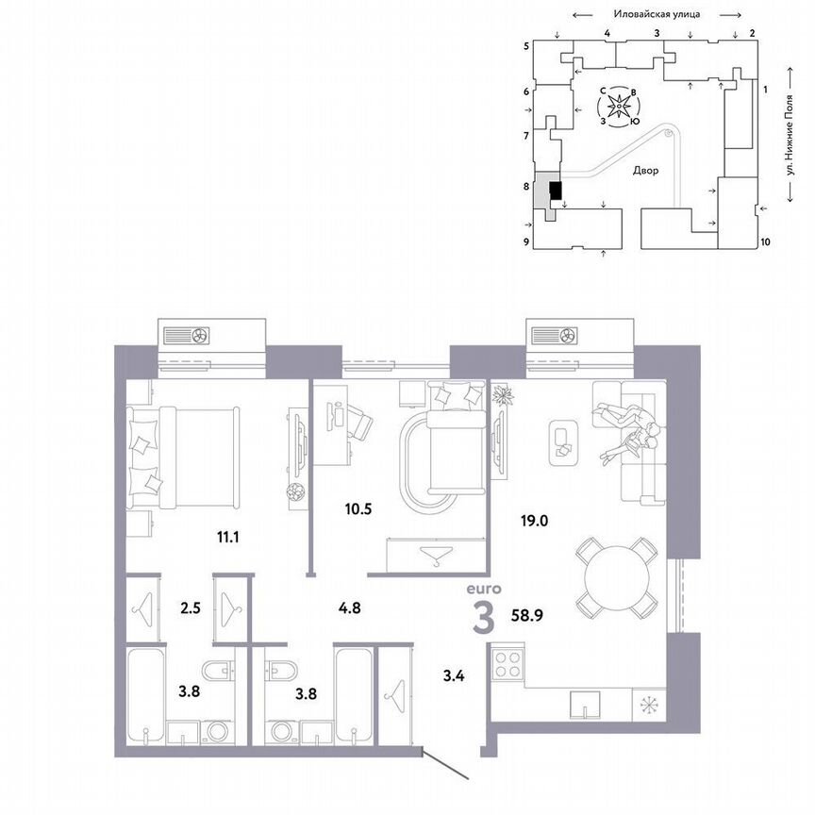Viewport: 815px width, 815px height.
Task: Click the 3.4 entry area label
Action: click(x=455, y=674)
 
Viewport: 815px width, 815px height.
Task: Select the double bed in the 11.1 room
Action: click(x=184, y=454)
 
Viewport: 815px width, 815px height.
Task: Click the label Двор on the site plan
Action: click(x=646, y=171)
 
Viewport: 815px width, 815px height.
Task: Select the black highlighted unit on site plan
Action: click(x=556, y=191)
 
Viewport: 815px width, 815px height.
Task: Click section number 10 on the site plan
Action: click(x=765, y=241)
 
